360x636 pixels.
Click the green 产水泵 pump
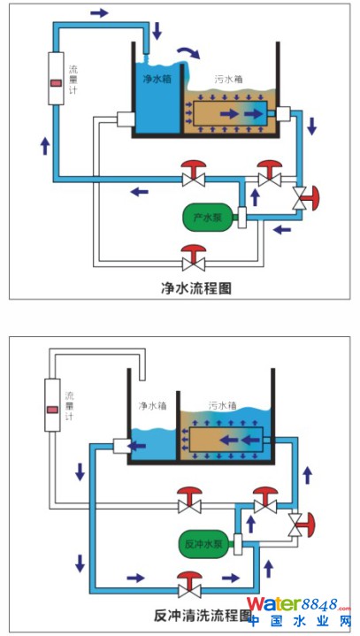pyautogui.click(x=208, y=218)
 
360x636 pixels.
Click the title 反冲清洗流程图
pyautogui.click(x=202, y=616)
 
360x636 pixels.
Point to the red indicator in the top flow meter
pyautogui.click(x=56, y=83)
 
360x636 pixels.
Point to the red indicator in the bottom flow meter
pyautogui.click(x=52, y=410)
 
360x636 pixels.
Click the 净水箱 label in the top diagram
pyautogui.click(x=157, y=79)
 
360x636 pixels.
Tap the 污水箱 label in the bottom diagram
pyautogui.click(x=222, y=405)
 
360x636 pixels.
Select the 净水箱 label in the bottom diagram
pyautogui.click(x=152, y=405)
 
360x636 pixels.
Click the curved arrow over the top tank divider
pyautogui.click(x=189, y=51)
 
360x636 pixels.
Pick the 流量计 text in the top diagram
pyautogui.click(x=73, y=80)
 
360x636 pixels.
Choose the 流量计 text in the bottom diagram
pyautogui.click(x=69, y=406)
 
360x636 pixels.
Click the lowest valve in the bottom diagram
pyautogui.click(x=189, y=584)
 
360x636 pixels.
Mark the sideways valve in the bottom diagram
pyautogui.click(x=302, y=525)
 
